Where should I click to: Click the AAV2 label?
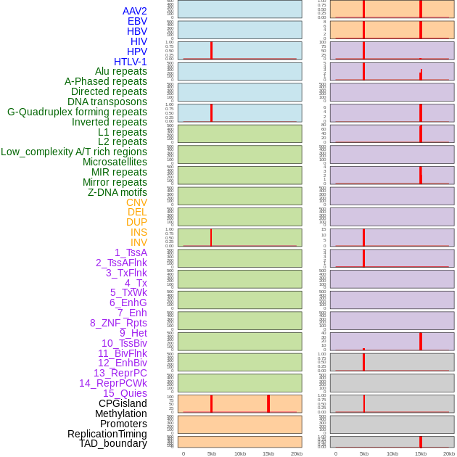click(x=134, y=11)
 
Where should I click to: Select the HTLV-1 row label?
click(x=130, y=62)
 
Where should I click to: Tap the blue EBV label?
click(x=137, y=21)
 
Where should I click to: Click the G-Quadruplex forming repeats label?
click(x=77, y=112)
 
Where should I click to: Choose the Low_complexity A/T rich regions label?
click(x=74, y=152)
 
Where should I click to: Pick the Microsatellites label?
click(x=115, y=162)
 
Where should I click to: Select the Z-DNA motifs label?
click(x=118, y=192)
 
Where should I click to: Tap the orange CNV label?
click(x=136, y=202)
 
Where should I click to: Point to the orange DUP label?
click(x=136, y=222)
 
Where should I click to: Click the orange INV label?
click(x=139, y=242)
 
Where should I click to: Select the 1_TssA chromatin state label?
click(x=131, y=252)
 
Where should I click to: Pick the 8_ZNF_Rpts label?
click(x=118, y=323)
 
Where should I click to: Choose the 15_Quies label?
click(x=125, y=393)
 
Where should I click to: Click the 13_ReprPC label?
click(x=120, y=373)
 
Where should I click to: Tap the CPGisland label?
click(x=123, y=403)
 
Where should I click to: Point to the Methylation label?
click(x=120, y=413)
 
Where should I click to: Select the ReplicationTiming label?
click(x=107, y=434)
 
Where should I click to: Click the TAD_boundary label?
click(x=112, y=443)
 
